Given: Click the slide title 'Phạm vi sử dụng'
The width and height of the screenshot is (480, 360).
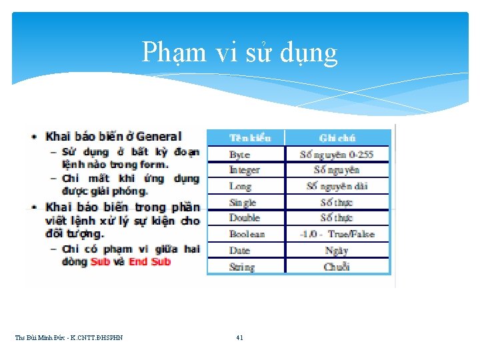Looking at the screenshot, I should pos(239,53).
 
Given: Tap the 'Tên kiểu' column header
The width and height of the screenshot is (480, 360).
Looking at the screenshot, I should pos(250,138).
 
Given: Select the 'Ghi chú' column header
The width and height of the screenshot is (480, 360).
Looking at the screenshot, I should pos(337,138).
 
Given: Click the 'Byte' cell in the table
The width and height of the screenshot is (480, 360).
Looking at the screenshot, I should pos(239,155).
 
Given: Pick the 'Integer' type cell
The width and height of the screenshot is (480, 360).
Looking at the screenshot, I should pos(244,170).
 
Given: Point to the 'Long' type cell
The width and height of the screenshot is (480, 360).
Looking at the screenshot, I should pos(240,186).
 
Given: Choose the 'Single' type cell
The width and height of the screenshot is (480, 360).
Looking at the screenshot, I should pos(243,202).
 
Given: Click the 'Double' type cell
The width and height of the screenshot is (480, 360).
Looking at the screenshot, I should pos(244,218).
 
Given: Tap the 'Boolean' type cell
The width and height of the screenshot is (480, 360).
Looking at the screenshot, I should pos(247,234).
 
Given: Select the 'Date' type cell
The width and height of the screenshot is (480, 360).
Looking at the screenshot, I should pos(239,251).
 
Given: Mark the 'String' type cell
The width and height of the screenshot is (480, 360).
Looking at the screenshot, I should pos(241,267).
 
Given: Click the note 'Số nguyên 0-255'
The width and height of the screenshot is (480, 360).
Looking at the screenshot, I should pos(337,155).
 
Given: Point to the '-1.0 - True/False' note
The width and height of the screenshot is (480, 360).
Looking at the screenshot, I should pos(337,234).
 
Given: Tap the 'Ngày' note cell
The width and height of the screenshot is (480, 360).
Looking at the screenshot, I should pos(337,251).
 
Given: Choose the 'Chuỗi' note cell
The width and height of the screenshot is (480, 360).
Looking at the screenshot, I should pos(337,267).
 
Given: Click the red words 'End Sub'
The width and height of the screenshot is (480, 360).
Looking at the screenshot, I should pos(150,262).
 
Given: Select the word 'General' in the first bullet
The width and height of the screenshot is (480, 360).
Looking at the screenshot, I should pos(159,137).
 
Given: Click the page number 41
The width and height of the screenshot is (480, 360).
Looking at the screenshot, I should pos(239,338).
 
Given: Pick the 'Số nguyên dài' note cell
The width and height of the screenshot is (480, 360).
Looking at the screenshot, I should pos(337,186).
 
